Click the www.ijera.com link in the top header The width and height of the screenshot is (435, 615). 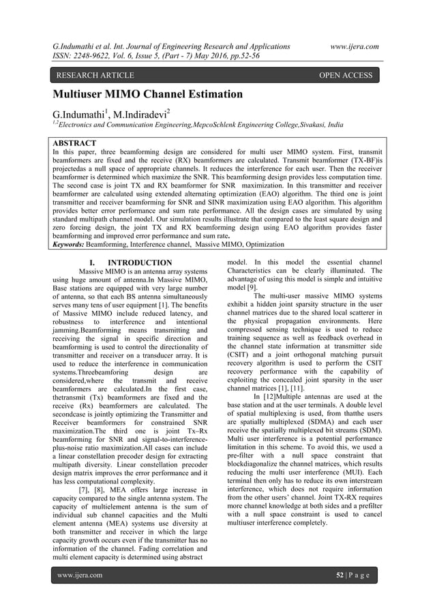pyautogui.click(x=354, y=46)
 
